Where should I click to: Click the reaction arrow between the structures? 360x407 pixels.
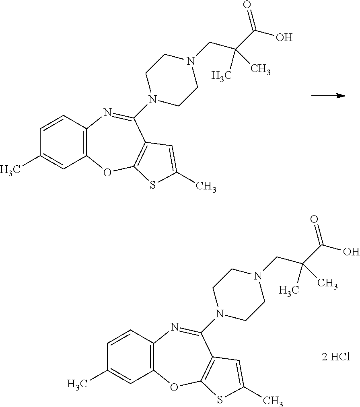pyautogui.click(x=329, y=96)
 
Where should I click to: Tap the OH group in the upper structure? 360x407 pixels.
pyautogui.click(x=284, y=38)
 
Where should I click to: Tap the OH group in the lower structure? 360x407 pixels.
pyautogui.click(x=350, y=252)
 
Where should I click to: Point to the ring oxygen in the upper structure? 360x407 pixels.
pyautogui.click(x=106, y=173)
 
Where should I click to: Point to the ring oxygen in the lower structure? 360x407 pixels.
pyautogui.click(x=173, y=387)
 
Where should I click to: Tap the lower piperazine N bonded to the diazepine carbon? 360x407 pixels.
pyautogui.click(x=218, y=313)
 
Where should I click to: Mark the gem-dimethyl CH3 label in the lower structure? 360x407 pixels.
pyautogui.click(x=327, y=284)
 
